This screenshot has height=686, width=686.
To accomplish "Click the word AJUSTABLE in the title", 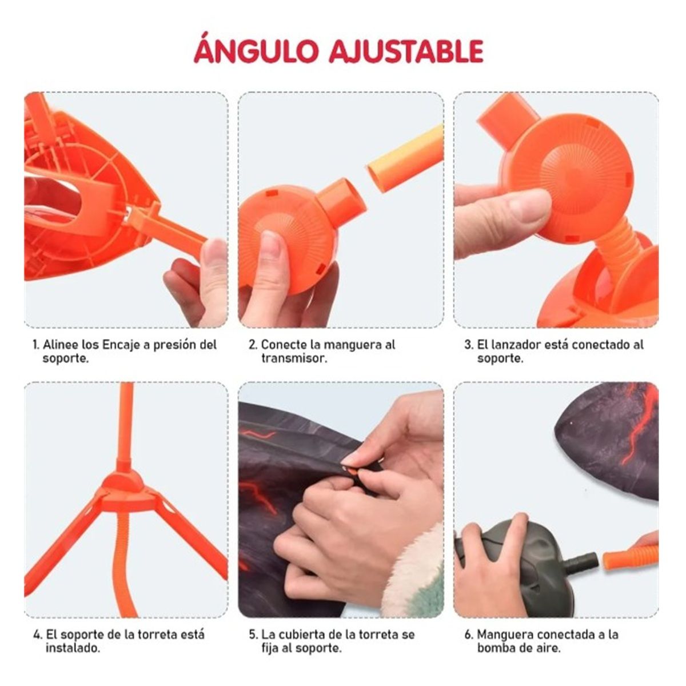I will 406,51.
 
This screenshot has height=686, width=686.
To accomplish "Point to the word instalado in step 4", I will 73,648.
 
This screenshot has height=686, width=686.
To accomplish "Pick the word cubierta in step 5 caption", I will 302,635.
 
